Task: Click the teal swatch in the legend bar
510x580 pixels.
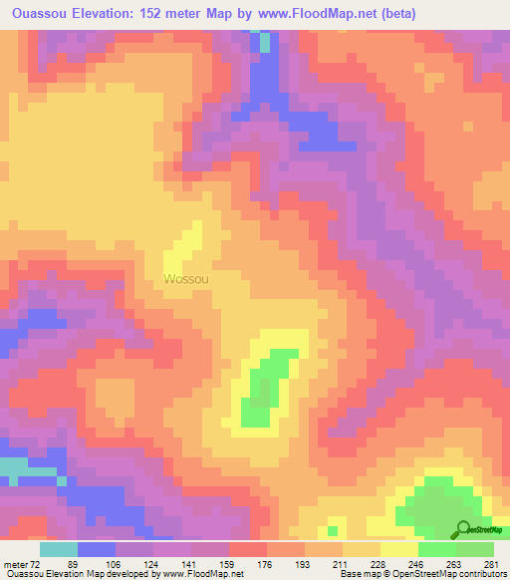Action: point(59,549)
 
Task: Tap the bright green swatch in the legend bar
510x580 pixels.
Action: point(436,549)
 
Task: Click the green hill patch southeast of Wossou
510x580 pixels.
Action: point(263,388)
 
